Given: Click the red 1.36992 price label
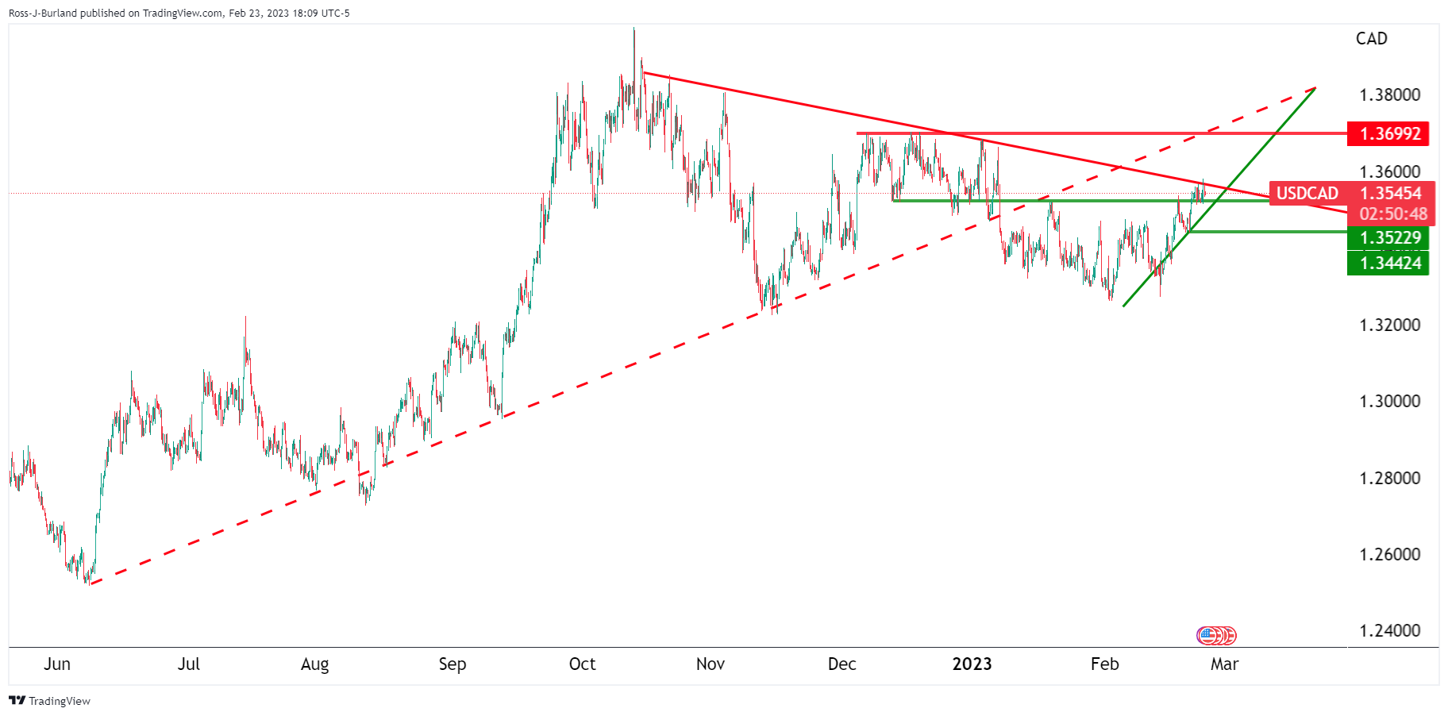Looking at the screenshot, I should pyautogui.click(x=1389, y=133).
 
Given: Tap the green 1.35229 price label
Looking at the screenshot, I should pyautogui.click(x=1389, y=237).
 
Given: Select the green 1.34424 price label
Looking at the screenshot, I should pyautogui.click(x=1389, y=263).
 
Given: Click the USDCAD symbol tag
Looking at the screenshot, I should pyautogui.click(x=1307, y=193).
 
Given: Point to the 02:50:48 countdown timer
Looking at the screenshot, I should pyautogui.click(x=1392, y=214).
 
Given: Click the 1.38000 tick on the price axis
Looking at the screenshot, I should pyautogui.click(x=1389, y=95).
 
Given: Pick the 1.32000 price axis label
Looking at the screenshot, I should pyautogui.click(x=1389, y=325).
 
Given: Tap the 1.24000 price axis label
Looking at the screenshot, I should pyautogui.click(x=1389, y=631).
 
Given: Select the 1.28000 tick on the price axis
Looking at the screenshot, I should pyautogui.click(x=1389, y=478).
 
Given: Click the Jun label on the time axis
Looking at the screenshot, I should pyautogui.click(x=57, y=664).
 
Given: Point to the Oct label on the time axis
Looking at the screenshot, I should pyautogui.click(x=582, y=664).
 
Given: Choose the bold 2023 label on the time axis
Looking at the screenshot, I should pyautogui.click(x=972, y=664).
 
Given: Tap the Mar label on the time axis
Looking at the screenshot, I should pyautogui.click(x=1224, y=664).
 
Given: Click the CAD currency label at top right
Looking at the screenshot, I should pyautogui.click(x=1371, y=39).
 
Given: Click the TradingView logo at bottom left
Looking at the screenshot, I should pyautogui.click(x=49, y=701).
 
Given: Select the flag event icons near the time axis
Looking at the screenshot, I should pyautogui.click(x=1216, y=635).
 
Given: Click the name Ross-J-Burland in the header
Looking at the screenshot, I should pyautogui.click(x=43, y=13).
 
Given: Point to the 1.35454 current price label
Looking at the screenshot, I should pyautogui.click(x=1391, y=193).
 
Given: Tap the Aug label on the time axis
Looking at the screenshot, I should pyautogui.click(x=314, y=664).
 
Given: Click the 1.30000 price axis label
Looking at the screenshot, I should pyautogui.click(x=1389, y=402).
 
